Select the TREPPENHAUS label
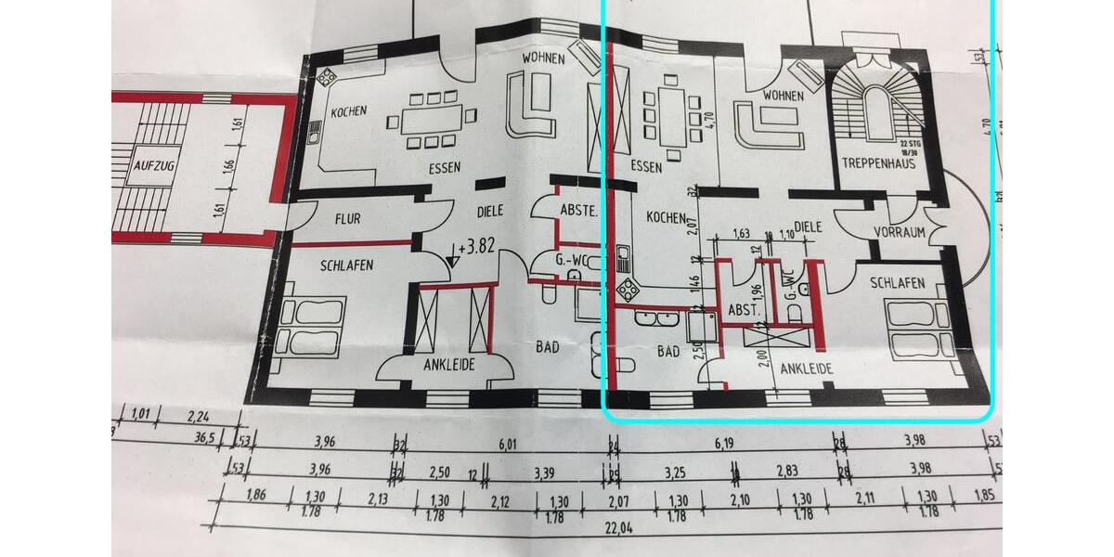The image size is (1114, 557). click(878, 163)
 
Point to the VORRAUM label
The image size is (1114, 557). click(900, 232)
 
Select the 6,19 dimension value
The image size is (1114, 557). click(725, 445)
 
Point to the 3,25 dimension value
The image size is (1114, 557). click(675, 473)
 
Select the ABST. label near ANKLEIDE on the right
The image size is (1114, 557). click(743, 309)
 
